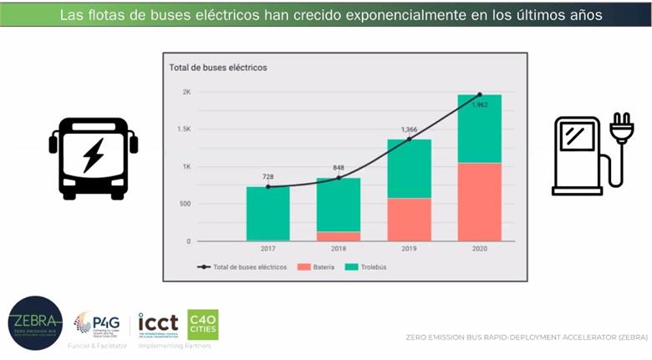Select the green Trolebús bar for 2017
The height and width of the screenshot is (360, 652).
click(267, 213)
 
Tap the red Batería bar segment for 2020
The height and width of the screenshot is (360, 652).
click(479, 201)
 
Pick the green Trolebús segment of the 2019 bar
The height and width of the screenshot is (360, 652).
click(409, 169)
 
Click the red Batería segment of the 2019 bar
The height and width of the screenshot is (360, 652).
click(409, 219)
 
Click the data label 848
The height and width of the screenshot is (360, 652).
click(339, 167)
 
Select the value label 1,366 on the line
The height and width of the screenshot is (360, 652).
click(409, 129)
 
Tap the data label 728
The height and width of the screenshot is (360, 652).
click(267, 176)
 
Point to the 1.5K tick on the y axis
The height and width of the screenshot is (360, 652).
click(183, 129)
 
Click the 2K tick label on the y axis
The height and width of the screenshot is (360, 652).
click(186, 92)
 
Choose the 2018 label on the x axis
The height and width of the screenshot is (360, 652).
click(338, 249)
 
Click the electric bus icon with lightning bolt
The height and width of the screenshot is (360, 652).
click(93, 157)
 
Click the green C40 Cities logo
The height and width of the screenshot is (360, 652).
click(202, 324)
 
